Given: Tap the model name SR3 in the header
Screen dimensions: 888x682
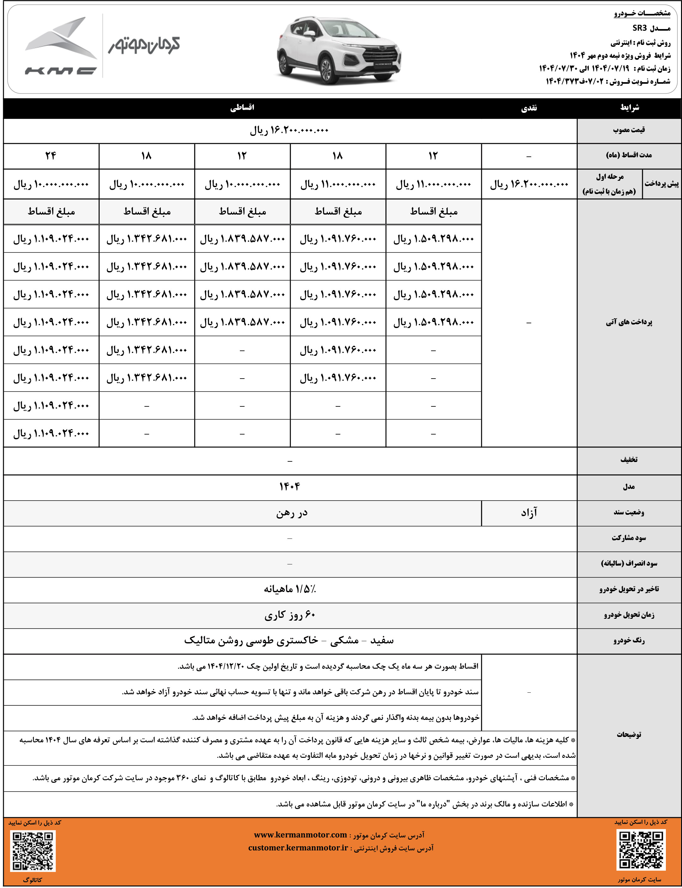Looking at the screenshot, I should click(639, 28).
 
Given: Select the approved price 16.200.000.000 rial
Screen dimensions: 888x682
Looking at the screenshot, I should click(289, 130).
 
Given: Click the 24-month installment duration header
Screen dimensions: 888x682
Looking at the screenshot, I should click(51, 156).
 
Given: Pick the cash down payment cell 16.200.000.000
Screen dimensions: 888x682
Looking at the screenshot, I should click(529, 184).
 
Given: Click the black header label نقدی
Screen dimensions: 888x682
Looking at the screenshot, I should click(529, 108).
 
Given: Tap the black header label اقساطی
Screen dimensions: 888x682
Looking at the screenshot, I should click(242, 107).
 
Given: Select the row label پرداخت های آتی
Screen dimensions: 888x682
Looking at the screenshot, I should click(629, 322).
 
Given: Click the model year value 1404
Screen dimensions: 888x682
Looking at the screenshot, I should click(289, 487).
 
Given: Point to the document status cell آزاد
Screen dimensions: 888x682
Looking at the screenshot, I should click(529, 513).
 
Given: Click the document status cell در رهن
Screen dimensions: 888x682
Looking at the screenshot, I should click(291, 513).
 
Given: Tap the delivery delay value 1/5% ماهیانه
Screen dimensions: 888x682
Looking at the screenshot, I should click(289, 589).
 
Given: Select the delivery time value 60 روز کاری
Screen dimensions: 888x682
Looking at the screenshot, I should click(289, 615).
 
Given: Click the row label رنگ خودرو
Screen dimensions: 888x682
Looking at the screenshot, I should click(629, 641).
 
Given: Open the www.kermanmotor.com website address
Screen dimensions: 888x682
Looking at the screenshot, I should click(301, 835).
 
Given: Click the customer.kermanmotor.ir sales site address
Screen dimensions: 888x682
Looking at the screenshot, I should click(298, 848).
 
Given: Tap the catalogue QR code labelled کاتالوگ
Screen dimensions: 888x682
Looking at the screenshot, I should click(33, 851).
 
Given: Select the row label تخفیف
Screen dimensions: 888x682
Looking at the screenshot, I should click(629, 460).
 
